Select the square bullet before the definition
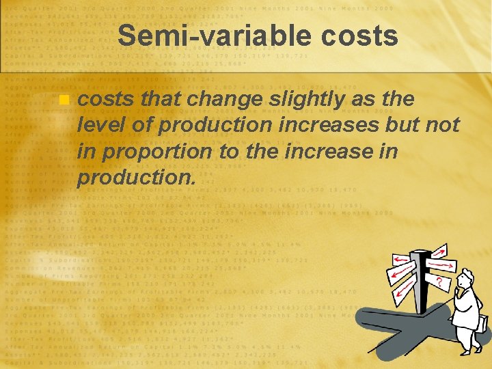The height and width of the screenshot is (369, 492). (64, 100)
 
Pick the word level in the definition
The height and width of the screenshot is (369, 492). (100, 126)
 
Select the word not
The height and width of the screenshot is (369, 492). (441, 126)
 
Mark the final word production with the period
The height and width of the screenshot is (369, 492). (137, 178)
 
